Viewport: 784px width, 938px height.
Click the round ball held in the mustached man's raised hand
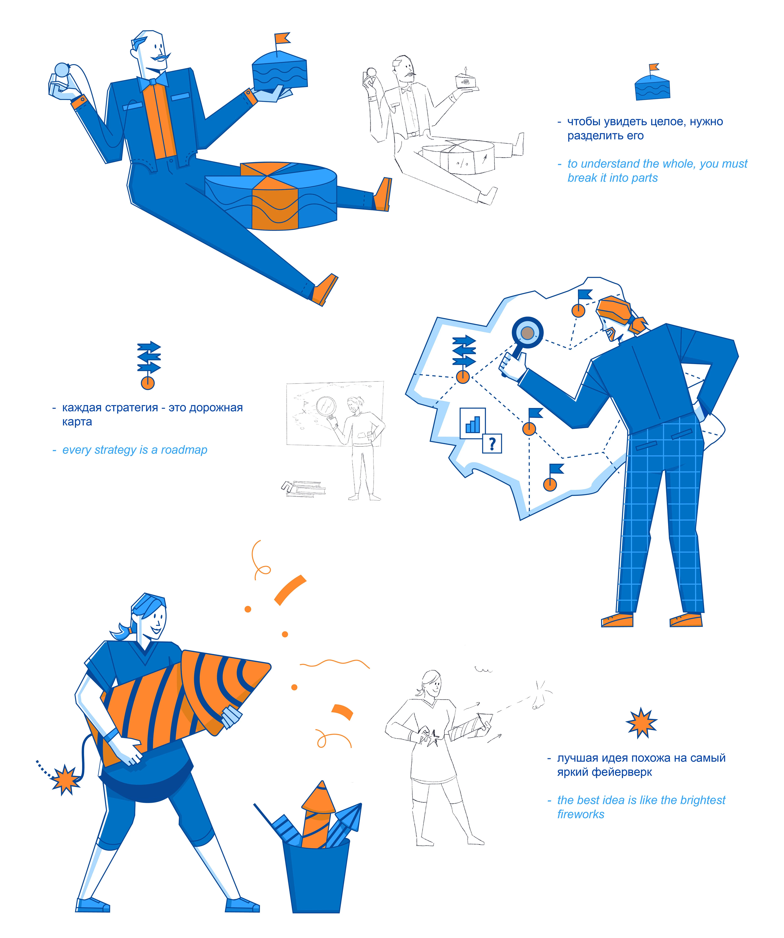61,70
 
